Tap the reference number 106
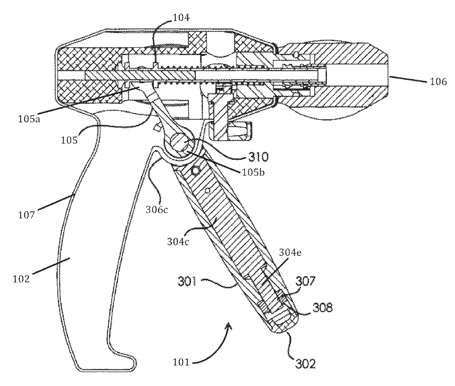[x=439, y=82]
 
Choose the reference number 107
[x=27, y=214]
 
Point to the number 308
[x=322, y=307]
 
